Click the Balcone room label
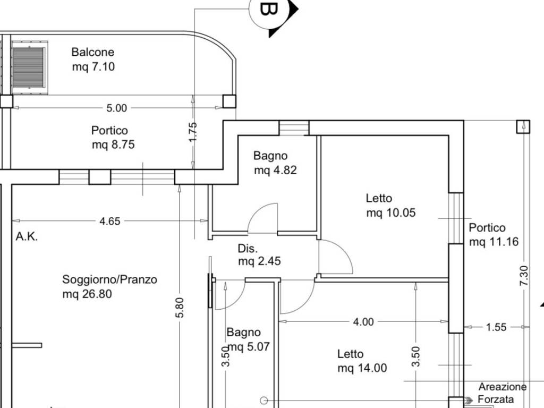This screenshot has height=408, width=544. tap(93, 59)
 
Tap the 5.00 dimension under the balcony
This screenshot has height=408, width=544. tap(117, 108)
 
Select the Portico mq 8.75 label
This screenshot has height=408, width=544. tap(113, 137)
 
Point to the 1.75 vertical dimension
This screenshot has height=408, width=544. tap(193, 131)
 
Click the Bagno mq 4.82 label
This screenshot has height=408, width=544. tap(275, 163)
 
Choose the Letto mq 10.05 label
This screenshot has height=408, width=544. tap(390, 206)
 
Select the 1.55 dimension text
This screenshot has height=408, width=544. tap(496, 327)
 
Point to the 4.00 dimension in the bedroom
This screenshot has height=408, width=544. tap(364, 321)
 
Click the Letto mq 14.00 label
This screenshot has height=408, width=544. tap(362, 361)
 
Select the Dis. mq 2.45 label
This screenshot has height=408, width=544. tap(259, 255)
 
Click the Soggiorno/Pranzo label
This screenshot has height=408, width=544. tap(109, 286)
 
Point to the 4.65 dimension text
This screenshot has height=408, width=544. tap(110, 221)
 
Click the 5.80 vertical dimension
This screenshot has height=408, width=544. tap(180, 308)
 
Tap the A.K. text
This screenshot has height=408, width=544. tap(27, 237)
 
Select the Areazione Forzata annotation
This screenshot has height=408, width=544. tap(501, 393)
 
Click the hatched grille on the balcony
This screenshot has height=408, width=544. tap(28, 68)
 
